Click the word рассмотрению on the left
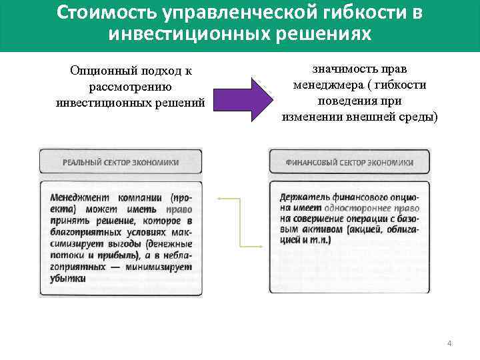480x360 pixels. click(130, 87)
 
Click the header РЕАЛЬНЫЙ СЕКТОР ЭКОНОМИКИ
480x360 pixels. click(120, 162)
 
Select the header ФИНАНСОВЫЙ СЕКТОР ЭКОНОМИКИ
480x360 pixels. click(349, 162)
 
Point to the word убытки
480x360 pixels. click(67, 278)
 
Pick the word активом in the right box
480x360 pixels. click(325, 229)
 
